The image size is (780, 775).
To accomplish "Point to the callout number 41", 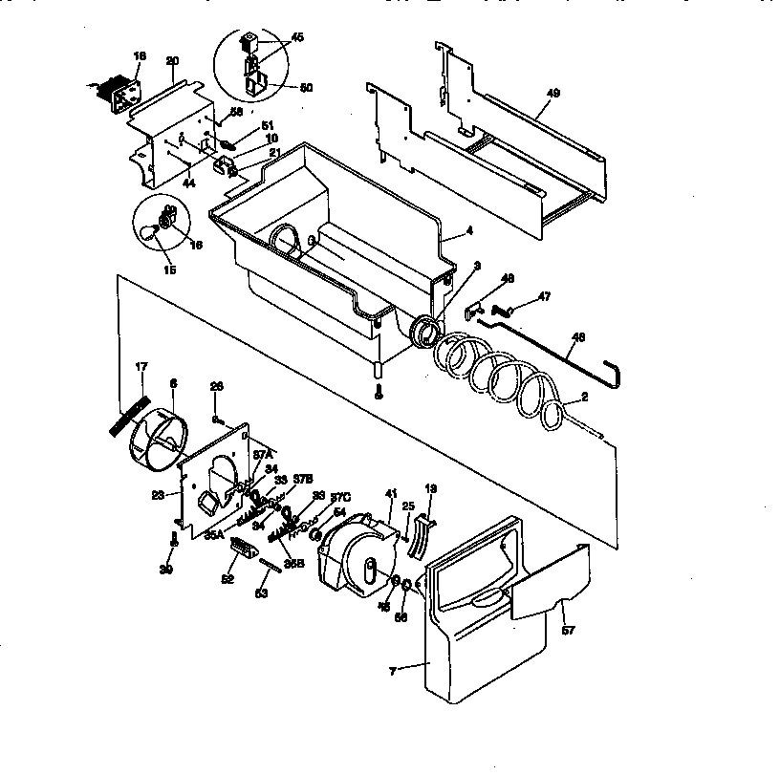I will click(x=390, y=494).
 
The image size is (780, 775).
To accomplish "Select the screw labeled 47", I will click(x=509, y=311).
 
